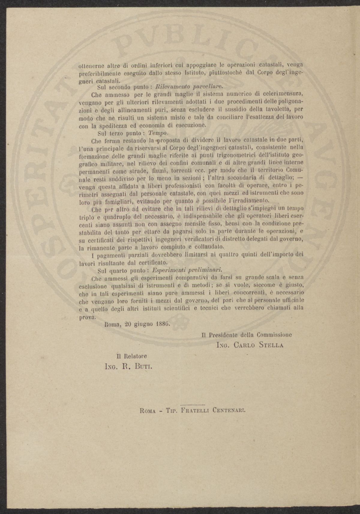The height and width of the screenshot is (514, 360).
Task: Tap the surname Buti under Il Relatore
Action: (x=142, y=366)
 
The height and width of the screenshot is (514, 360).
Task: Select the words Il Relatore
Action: (x=132, y=356)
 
